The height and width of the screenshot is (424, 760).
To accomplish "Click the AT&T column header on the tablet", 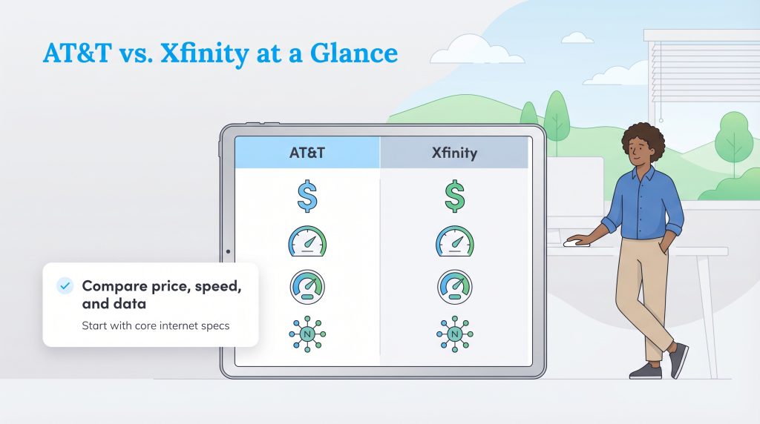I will point(307,153).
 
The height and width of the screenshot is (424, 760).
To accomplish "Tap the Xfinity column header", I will point(453,153).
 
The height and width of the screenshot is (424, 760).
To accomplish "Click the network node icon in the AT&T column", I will point(307,334).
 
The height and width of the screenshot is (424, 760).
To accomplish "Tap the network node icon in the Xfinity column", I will point(454,334).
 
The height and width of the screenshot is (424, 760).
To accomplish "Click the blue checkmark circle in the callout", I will point(65,286).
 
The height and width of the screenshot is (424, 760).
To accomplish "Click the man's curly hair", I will point(643,138).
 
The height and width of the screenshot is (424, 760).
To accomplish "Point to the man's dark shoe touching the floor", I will point(644,371).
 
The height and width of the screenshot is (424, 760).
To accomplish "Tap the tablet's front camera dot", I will point(228,251).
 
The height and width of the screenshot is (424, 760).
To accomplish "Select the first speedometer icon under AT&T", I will point(307,242).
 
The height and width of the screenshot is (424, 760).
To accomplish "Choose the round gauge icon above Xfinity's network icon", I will point(454,288).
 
